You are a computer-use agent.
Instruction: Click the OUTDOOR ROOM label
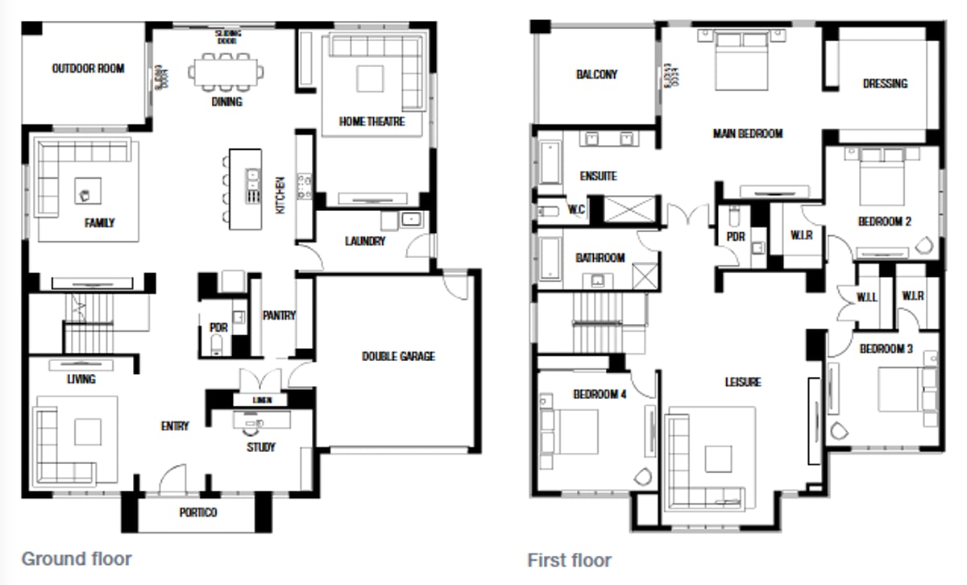click(88, 68)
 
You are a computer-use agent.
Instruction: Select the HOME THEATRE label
click(371, 122)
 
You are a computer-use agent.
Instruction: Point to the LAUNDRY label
click(365, 241)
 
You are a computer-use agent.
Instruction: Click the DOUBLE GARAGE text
click(398, 355)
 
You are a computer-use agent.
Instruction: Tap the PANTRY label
click(279, 316)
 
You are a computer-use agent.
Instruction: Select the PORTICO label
click(197, 512)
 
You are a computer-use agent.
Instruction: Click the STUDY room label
click(261, 447)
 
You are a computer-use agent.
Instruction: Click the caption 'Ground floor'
click(76, 558)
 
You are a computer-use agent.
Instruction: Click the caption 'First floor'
click(569, 560)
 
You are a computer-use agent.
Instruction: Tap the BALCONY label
click(596, 74)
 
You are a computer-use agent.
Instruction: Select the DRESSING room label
click(885, 83)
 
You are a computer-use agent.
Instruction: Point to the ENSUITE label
click(598, 176)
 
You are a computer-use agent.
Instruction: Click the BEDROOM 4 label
click(600, 395)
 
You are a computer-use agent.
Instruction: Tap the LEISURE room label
click(742, 382)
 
